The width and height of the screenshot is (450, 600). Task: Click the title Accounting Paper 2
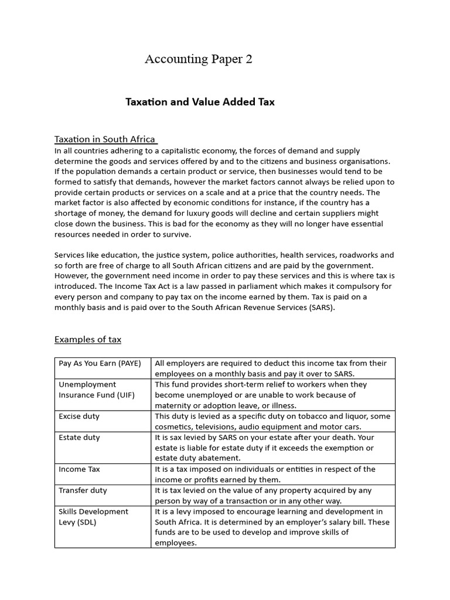(x=199, y=59)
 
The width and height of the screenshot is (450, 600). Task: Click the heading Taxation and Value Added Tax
(x=200, y=102)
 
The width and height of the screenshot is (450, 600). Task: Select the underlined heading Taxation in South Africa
(x=105, y=139)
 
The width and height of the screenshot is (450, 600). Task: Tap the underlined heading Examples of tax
(x=88, y=339)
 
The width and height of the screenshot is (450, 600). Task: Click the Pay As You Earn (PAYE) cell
(x=100, y=363)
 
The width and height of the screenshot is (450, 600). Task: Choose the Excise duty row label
(x=79, y=416)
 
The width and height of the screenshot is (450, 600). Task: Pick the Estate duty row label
(x=79, y=437)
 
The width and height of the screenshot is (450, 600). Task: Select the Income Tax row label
(x=79, y=469)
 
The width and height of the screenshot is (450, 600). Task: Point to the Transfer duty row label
(x=83, y=490)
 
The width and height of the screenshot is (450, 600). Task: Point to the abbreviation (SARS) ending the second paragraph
(x=322, y=308)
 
